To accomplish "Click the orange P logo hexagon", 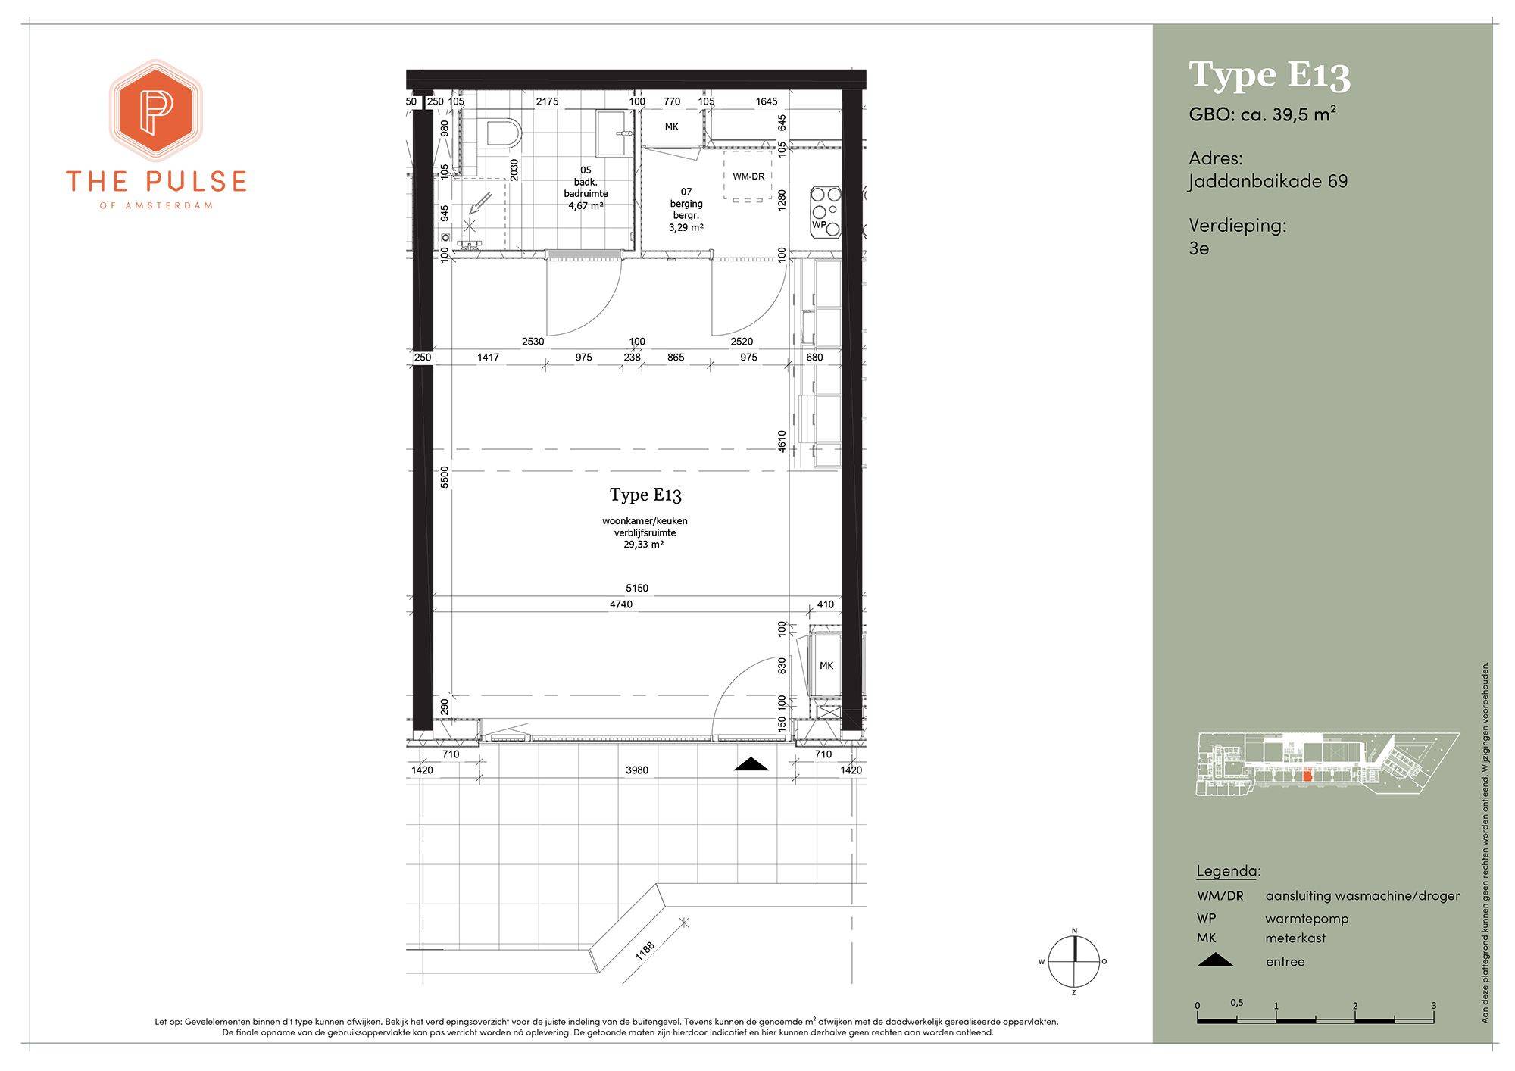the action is pos(156,111).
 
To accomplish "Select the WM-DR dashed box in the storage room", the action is pos(748,176).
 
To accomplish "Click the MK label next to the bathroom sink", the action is pos(671,126).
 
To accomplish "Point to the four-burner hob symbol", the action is pos(825,211).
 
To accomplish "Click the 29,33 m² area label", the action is pos(644,544).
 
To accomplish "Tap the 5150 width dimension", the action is pos(637,588).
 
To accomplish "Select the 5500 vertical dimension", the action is pos(445,476).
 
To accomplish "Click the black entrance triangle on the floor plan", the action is pos(751,764).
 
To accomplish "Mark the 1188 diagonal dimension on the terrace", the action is pos(645,950).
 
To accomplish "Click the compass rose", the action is pos(1073,961).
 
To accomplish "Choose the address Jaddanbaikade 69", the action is pos(1268,182).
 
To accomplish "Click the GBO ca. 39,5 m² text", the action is pos(1262,114).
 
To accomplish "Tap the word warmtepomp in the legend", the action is pos(1307,919).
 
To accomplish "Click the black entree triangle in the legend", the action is pos(1215,960).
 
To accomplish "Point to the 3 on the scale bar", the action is pos(1433,1006).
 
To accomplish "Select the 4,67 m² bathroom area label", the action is pos(586,205).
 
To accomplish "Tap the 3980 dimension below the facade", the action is pos(637,770).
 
